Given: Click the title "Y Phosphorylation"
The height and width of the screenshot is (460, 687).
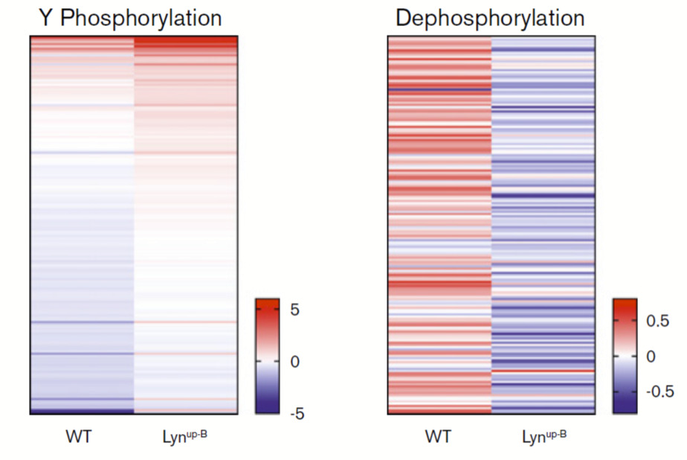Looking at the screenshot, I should pos(129,19).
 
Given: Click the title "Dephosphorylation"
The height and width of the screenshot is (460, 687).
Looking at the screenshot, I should pos(490,19).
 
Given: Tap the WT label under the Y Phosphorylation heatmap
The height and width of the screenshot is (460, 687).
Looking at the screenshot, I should pos(79,436).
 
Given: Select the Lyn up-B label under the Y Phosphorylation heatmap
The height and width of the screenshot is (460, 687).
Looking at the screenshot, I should pos(184,435).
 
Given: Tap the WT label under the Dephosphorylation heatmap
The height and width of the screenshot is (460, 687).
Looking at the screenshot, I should pos(439,436).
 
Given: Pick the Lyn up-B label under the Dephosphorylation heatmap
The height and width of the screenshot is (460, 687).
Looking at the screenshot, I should pos(543,435).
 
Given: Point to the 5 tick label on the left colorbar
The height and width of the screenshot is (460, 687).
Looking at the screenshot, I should pos(294,310).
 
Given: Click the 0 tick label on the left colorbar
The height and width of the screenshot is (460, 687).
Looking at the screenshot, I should pos(294,362).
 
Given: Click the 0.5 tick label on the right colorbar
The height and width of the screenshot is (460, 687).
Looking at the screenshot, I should pos(657,322).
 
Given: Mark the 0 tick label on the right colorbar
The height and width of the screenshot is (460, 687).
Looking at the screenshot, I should pos(651,357).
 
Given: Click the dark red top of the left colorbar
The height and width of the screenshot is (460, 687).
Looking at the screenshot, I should pos(267,303).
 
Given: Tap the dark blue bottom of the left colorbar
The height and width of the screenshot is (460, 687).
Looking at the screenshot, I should pos(267,409).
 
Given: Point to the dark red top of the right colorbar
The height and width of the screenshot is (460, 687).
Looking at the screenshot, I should pos(625,303).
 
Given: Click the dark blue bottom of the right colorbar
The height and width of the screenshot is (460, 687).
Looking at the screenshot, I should pos(625,409).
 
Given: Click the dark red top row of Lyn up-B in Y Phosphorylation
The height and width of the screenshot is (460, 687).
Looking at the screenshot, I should pos(186,39).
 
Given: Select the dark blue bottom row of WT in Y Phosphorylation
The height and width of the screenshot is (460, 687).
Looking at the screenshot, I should pos(82,410).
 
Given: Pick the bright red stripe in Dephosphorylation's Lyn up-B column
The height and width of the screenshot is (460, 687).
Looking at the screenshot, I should pos(543,371).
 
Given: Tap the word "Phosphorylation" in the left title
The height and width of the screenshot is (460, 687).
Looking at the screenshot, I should pos(141,19).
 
